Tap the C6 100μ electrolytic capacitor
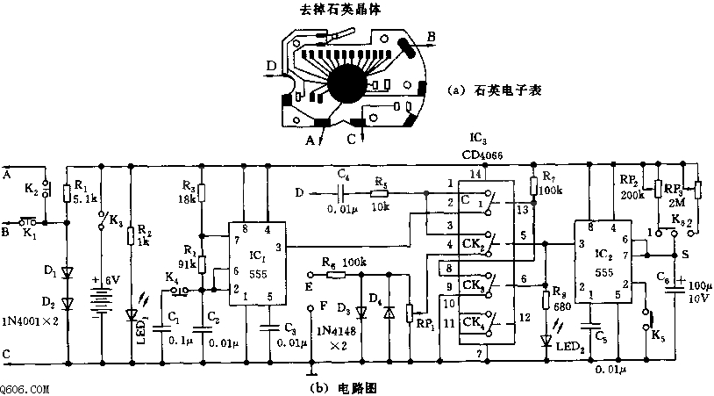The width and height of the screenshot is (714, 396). (676, 286)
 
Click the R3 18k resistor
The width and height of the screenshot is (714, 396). (201, 194)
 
